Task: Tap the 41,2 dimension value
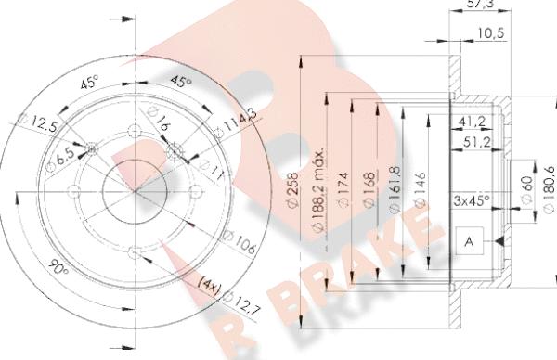click(473, 121)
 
